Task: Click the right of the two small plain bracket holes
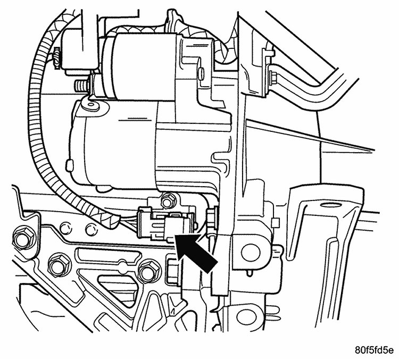pyautogui.click(x=91, y=229)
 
